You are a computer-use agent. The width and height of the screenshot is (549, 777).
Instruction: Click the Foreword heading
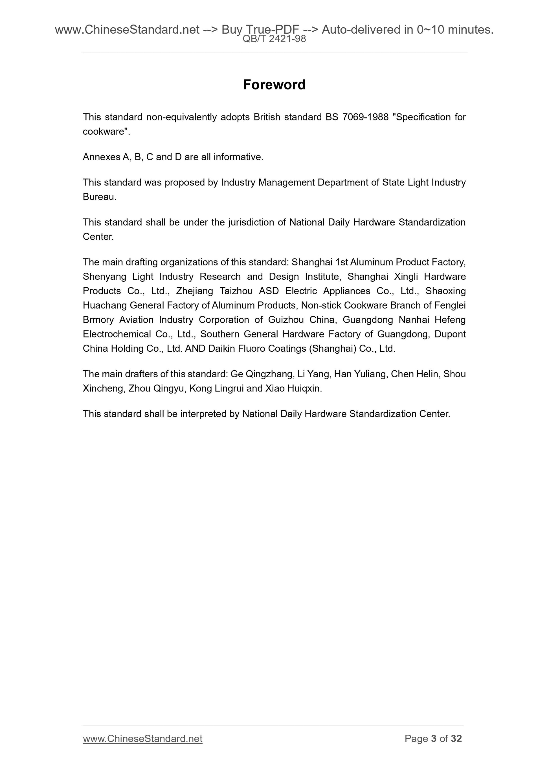(274, 85)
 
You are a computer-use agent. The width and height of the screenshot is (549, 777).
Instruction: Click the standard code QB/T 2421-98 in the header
(274, 39)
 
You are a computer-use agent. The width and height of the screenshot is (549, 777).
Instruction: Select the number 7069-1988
(365, 117)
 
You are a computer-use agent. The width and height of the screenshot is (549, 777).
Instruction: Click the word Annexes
(101, 157)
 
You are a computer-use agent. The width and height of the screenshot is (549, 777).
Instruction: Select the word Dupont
(450, 334)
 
